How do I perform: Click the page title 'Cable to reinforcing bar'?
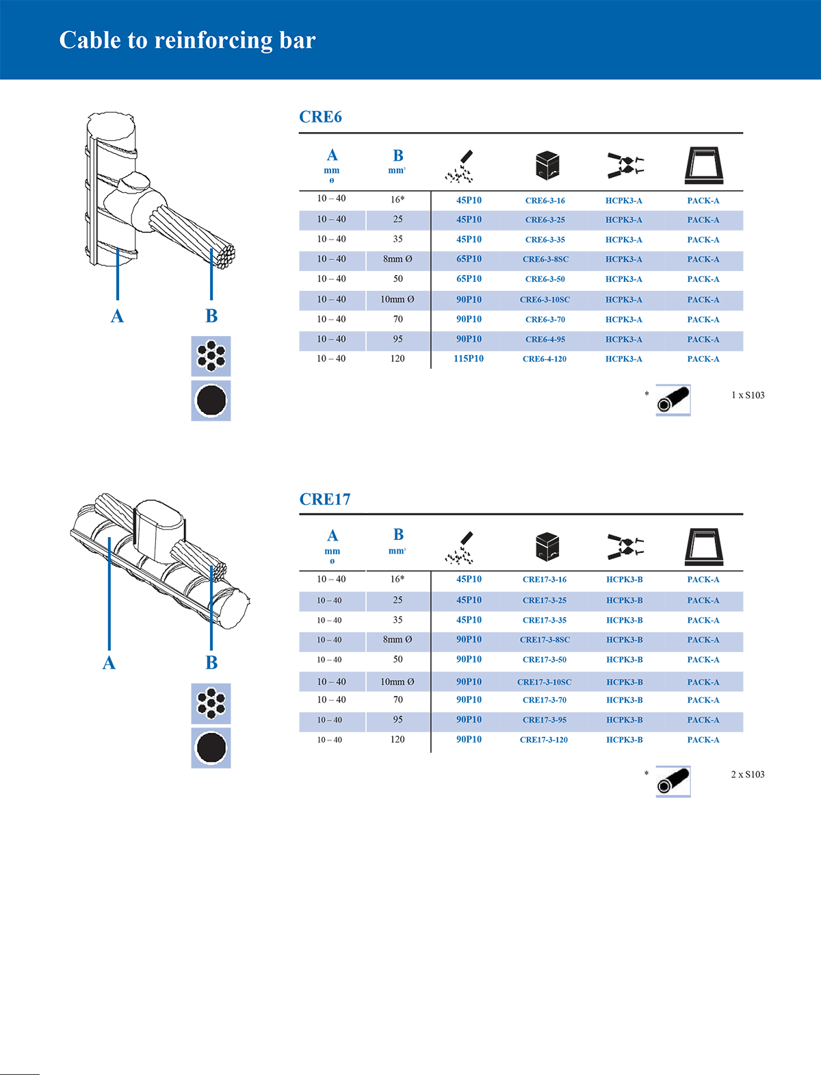pos(187,40)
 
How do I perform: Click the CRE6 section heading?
pos(320,117)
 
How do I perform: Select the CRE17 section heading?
pos(325,500)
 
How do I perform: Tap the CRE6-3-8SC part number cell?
pos(545,259)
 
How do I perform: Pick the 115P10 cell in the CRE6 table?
pos(469,359)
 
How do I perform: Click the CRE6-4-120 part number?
pos(545,359)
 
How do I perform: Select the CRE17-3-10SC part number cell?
pos(545,682)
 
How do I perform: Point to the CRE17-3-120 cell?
pos(544,740)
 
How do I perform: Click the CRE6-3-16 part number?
pos(545,200)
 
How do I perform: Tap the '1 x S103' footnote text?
pos(748,396)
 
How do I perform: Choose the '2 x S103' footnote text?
pos(748,775)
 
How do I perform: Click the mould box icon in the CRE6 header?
pos(547,166)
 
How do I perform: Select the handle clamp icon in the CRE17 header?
pos(625,546)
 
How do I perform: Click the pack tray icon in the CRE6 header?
pos(704,166)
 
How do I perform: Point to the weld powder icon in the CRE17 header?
pos(459,548)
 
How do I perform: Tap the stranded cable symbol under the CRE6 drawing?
pos(211,356)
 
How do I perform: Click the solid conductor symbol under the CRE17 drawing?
pos(211,747)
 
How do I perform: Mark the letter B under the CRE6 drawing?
pos(211,316)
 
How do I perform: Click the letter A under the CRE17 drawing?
pos(109,663)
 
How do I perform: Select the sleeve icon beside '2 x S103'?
pos(673,781)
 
